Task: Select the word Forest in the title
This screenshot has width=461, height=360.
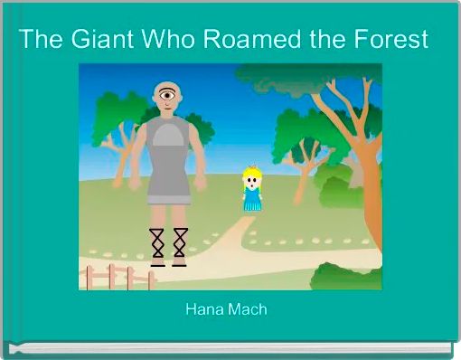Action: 391,41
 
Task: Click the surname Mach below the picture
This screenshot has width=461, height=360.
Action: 248,310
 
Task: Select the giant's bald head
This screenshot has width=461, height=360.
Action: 165,86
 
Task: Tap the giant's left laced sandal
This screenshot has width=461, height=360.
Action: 156,245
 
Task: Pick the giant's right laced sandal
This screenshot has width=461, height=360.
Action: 179,245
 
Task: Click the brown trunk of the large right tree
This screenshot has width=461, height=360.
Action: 362,181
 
